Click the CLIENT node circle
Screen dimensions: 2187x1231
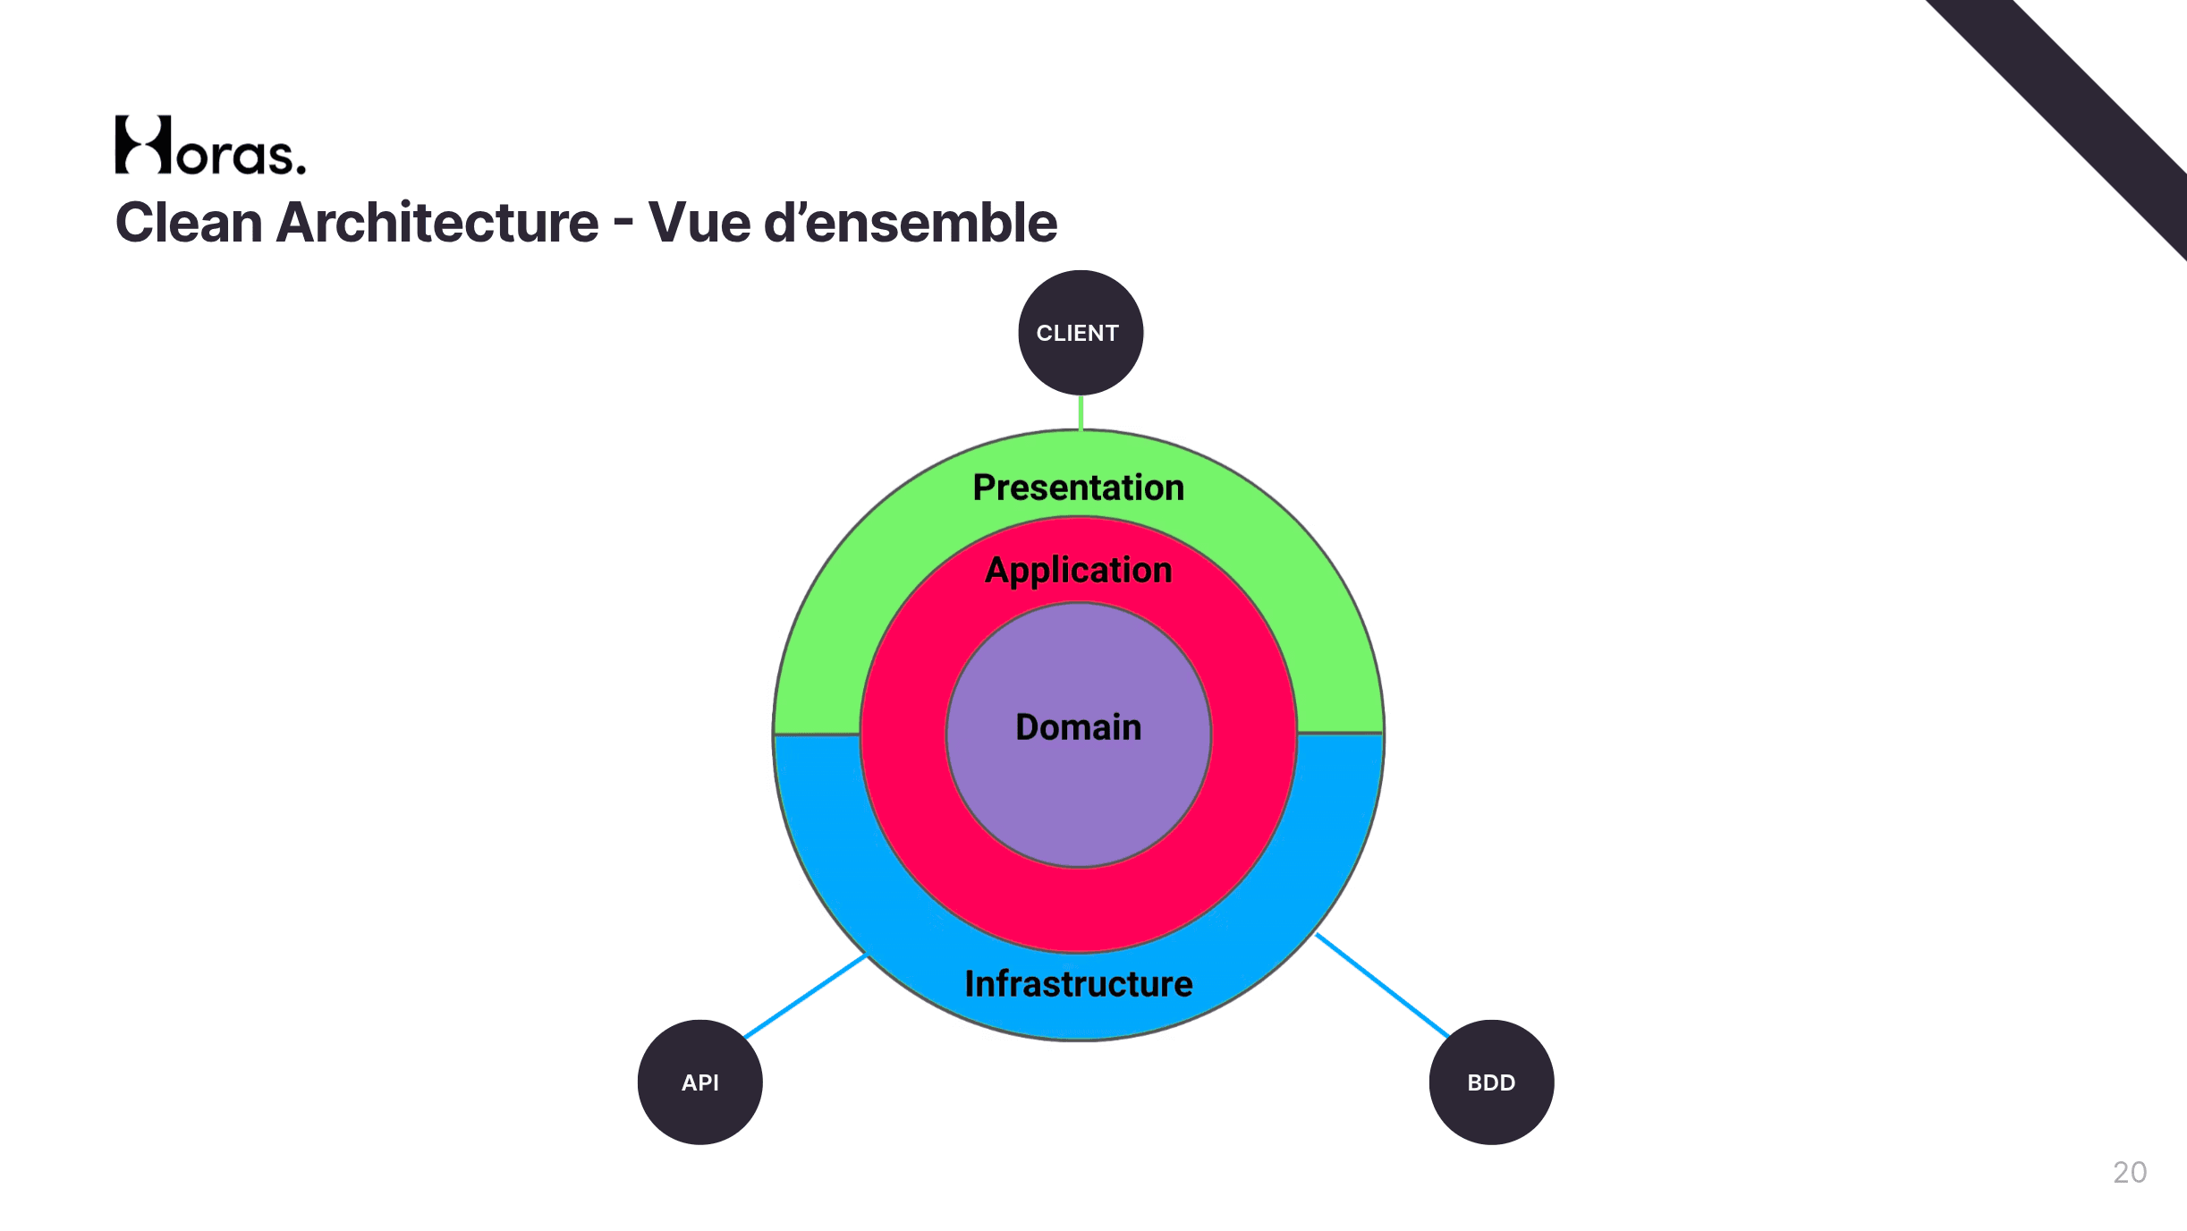(1081, 333)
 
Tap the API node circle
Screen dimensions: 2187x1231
(700, 1082)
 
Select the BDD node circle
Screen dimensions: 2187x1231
(1492, 1082)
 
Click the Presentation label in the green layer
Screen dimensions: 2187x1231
(1079, 488)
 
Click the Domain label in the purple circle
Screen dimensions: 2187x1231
(1079, 727)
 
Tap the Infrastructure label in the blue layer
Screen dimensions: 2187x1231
(1079, 984)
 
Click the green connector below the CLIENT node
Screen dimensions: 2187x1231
(1081, 412)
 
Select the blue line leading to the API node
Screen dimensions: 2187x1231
(805, 996)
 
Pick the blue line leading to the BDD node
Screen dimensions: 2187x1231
(1382, 985)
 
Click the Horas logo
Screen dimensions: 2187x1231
(210, 145)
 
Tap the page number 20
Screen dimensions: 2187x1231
(2130, 1172)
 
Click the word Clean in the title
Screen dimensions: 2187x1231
(189, 222)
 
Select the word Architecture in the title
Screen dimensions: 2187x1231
(437, 222)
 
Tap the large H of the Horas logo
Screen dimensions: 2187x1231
(143, 144)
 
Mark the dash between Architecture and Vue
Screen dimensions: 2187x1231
(623, 225)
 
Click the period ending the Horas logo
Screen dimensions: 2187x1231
(301, 168)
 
